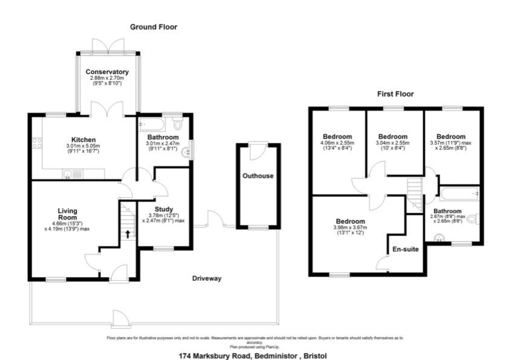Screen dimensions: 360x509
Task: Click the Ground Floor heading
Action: (154, 27)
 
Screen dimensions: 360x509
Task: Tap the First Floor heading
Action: (396, 94)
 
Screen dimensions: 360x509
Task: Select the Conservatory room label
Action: (107, 72)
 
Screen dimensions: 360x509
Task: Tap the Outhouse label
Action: (258, 176)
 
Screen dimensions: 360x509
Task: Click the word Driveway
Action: (207, 279)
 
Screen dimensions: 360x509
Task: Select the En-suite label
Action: (404, 249)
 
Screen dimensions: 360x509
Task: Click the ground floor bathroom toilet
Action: (178, 125)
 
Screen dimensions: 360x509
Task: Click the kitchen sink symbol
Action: (70, 175)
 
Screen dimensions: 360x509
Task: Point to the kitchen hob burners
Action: (37, 143)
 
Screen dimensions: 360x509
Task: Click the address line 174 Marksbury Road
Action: (254, 356)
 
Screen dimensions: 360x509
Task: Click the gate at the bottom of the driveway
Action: (119, 318)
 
